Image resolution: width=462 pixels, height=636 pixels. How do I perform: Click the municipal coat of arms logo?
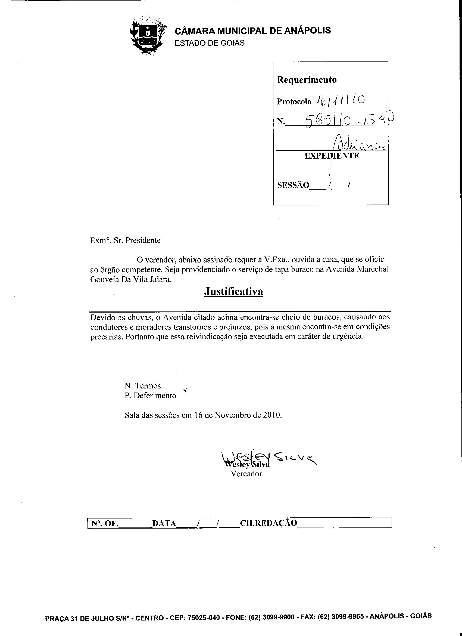pyautogui.click(x=148, y=36)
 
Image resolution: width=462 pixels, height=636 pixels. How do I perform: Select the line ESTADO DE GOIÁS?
pyautogui.click(x=210, y=43)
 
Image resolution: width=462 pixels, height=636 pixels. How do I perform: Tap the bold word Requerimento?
pyautogui.click(x=307, y=80)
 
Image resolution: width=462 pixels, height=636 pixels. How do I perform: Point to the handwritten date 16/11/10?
pyautogui.click(x=341, y=100)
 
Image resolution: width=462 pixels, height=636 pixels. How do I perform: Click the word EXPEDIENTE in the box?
pyautogui.click(x=332, y=156)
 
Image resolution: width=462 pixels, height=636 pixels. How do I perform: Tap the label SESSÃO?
pyautogui.click(x=293, y=185)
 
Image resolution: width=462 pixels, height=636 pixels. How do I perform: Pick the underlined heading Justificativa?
pyautogui.click(x=233, y=291)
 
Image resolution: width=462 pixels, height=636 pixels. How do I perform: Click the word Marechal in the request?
pyautogui.click(x=373, y=269)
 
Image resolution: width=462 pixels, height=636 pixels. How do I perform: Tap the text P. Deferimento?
pyautogui.click(x=151, y=396)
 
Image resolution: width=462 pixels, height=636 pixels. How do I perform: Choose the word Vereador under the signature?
pyautogui.click(x=246, y=474)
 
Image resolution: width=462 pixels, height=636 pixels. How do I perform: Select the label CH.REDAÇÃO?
pyautogui.click(x=269, y=523)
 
